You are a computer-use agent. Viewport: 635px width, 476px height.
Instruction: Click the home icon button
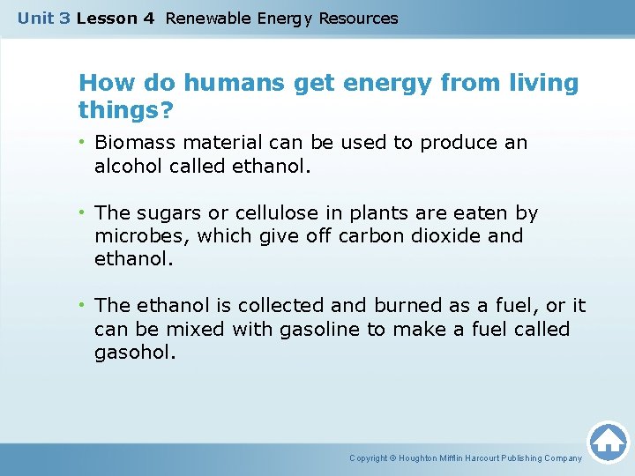[608, 441]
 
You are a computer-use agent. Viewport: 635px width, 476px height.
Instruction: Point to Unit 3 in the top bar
[43, 19]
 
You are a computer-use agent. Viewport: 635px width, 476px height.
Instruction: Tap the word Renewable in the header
[207, 19]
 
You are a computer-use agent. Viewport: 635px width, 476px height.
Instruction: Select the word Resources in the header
[358, 19]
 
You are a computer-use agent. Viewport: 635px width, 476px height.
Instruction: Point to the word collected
[279, 306]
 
